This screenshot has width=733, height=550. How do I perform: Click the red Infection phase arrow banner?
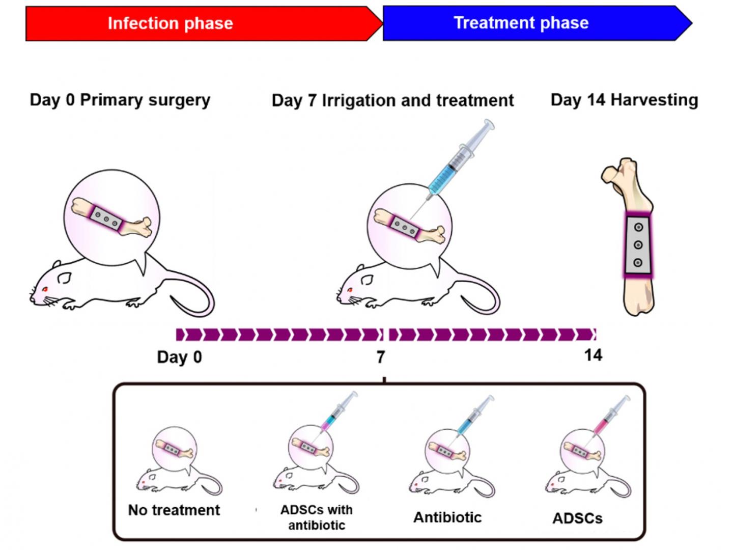click(x=199, y=23)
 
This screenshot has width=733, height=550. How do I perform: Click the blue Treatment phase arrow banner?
click(x=529, y=23)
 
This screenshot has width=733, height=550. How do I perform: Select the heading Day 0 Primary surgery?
click(x=120, y=100)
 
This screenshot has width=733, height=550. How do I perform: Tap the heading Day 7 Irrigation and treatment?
click(x=392, y=100)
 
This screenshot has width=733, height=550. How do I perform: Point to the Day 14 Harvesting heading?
click(x=624, y=100)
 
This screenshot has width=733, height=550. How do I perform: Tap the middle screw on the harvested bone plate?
click(x=638, y=245)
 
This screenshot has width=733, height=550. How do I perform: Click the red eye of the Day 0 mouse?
click(x=45, y=289)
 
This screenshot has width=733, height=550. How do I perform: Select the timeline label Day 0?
click(x=179, y=357)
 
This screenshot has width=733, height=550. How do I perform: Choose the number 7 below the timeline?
click(x=381, y=357)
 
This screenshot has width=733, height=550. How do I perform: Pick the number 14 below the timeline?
click(x=593, y=355)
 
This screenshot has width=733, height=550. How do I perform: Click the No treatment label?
click(x=174, y=510)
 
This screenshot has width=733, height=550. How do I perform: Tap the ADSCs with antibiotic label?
click(x=316, y=517)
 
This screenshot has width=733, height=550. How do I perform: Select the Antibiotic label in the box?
click(x=447, y=517)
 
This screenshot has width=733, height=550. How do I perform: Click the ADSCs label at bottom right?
click(x=578, y=518)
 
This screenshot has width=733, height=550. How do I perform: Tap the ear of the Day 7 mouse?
click(x=367, y=280)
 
